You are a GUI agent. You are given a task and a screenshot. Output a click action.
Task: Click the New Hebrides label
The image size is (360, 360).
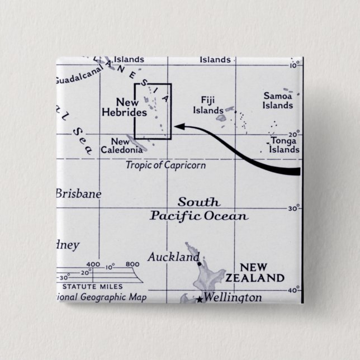(x=124, y=107)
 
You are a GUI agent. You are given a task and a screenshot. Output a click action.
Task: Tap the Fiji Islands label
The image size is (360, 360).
(x=208, y=105)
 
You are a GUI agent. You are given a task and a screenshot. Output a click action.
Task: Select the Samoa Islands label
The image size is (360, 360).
(x=278, y=101)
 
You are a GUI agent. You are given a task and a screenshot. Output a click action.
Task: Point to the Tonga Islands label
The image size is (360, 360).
(x=284, y=145)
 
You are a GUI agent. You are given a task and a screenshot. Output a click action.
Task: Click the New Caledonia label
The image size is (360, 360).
(x=120, y=146)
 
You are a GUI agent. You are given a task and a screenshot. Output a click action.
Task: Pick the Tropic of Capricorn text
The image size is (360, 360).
(x=165, y=165)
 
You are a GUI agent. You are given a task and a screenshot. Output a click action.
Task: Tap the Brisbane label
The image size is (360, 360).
(x=78, y=194)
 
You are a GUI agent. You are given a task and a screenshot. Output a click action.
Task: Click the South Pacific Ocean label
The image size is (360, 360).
(x=199, y=209)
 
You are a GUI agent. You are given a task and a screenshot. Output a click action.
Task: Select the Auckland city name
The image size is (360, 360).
(x=173, y=257)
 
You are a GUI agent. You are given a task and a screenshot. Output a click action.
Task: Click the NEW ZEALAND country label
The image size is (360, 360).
(x=262, y=273)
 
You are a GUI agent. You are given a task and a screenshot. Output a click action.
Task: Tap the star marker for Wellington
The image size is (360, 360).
(x=199, y=300)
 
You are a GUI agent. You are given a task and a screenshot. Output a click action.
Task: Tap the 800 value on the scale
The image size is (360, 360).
(x=132, y=264)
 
